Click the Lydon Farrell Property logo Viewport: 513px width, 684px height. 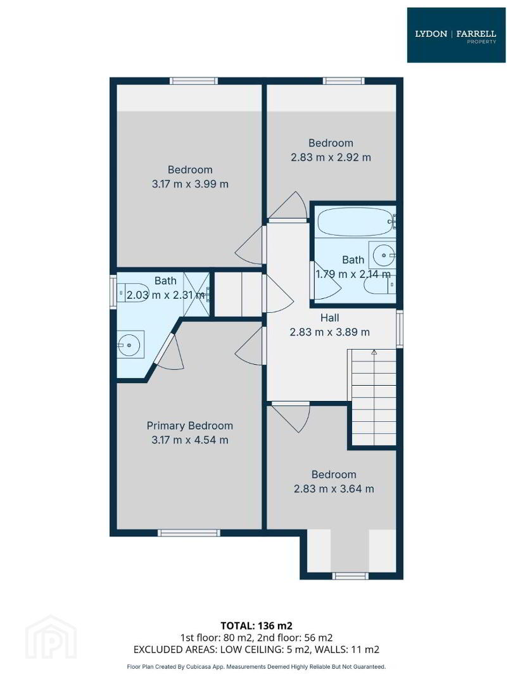pyautogui.click(x=456, y=35)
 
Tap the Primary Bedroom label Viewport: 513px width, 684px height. pyautogui.click(x=190, y=426)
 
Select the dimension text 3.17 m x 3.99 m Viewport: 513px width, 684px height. pyautogui.click(x=190, y=184)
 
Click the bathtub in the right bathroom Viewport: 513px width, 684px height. pyautogui.click(x=355, y=222)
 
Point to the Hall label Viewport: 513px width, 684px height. pyautogui.click(x=329, y=317)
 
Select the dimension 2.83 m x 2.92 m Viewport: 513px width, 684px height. pyautogui.click(x=331, y=158)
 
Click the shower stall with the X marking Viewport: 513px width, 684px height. pyautogui.click(x=196, y=293)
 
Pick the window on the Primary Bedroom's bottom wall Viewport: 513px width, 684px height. pyautogui.click(x=189, y=533)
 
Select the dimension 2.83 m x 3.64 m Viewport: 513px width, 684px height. pyautogui.click(x=334, y=489)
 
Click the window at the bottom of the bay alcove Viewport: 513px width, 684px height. pyautogui.click(x=350, y=576)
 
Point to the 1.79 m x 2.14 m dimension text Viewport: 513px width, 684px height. pyautogui.click(x=353, y=274)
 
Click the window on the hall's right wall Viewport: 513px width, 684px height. pyautogui.click(x=399, y=329)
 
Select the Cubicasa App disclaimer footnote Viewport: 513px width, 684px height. pyautogui.click(x=256, y=666)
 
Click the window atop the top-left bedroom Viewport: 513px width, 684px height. pyautogui.click(x=194, y=80)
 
